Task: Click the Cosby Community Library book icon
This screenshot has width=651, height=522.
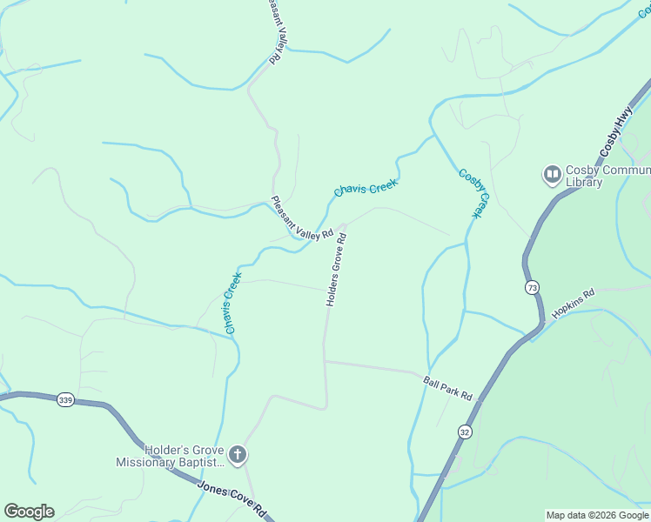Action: (x=552, y=176)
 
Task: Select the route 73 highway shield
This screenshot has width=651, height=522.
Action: (x=533, y=287)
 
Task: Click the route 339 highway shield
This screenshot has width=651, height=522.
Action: (x=65, y=399)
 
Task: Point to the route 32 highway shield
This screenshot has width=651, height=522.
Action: (x=465, y=432)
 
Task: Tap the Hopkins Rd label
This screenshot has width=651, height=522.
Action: (x=572, y=304)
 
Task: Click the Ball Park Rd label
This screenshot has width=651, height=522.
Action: (x=447, y=388)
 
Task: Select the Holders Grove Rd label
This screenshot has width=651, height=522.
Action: (x=336, y=269)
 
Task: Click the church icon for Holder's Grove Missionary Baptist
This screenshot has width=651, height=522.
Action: (x=238, y=454)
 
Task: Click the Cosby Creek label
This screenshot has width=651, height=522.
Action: (x=474, y=193)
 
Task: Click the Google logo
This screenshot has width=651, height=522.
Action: (x=29, y=512)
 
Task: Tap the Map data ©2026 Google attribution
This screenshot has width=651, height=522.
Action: (x=597, y=515)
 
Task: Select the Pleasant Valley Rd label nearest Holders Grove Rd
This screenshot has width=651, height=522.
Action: (x=301, y=218)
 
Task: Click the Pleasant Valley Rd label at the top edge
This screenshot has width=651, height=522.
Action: (x=275, y=31)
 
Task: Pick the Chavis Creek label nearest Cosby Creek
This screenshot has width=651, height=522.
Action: (x=366, y=187)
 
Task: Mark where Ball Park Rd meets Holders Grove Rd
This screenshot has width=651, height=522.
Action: (x=325, y=361)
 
